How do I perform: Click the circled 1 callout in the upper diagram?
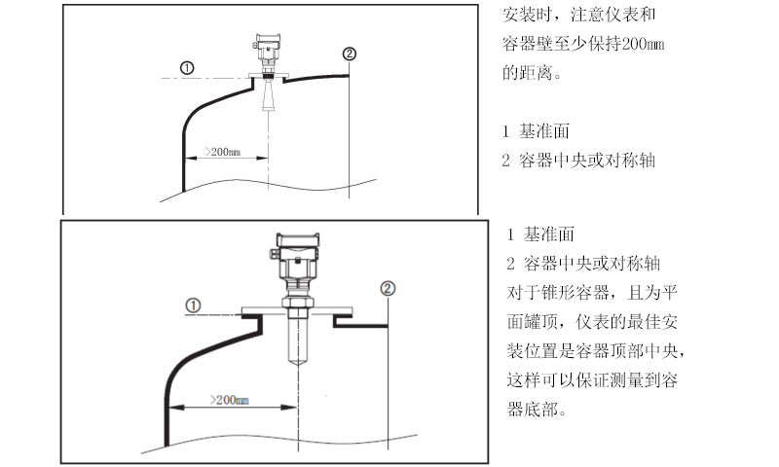click(x=187, y=67)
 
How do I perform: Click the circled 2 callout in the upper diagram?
click(x=350, y=54)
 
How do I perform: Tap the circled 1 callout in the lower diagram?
click(x=194, y=305)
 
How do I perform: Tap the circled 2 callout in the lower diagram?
click(x=389, y=288)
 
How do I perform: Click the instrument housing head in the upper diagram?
click(x=266, y=45)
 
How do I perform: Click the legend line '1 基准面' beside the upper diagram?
click(x=536, y=131)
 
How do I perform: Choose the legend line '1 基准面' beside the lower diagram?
click(x=541, y=234)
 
